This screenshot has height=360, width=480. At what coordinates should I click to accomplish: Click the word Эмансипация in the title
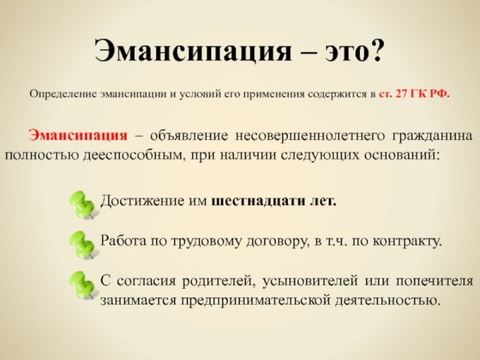[x=193, y=51]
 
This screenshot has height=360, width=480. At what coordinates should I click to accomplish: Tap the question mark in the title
[x=374, y=49]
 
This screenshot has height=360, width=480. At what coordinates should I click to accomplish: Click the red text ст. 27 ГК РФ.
[x=414, y=94]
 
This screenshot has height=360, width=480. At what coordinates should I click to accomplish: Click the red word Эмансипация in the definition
[x=78, y=135]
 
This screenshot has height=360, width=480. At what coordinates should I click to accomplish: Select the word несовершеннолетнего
[x=310, y=136]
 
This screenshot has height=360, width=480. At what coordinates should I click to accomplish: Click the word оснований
[x=402, y=155]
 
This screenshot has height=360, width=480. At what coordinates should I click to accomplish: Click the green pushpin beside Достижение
[x=82, y=205]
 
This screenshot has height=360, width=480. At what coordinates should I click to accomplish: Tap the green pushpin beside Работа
[x=82, y=245]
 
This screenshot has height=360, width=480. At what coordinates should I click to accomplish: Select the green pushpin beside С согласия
[x=82, y=285]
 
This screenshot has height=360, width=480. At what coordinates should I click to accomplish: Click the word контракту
[x=407, y=242]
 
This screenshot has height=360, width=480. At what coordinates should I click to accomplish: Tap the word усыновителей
[x=310, y=281]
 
